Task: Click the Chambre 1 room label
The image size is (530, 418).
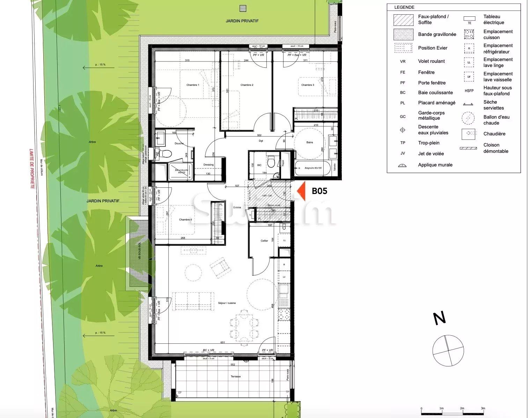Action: (192, 85)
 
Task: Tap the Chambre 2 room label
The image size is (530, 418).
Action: (246, 85)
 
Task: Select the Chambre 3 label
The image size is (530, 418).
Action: (307, 85)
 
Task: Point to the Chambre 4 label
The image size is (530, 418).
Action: (185, 219)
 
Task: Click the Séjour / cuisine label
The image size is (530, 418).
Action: (227, 303)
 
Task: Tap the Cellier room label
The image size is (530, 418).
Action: (264, 241)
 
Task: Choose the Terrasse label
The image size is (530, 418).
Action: (236, 376)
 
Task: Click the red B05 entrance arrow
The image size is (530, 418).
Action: (302, 191)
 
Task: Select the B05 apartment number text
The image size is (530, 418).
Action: (319, 191)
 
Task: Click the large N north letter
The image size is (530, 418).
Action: (440, 318)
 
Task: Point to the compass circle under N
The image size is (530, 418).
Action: (448, 350)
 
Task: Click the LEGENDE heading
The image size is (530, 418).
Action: (404, 7)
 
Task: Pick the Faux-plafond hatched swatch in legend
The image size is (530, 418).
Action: (403, 20)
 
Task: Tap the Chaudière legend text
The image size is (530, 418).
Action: (494, 134)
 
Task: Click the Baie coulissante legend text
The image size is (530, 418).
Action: (435, 92)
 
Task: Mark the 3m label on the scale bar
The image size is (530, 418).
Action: (483, 408)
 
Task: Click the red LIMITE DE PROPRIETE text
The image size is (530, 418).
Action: (32, 169)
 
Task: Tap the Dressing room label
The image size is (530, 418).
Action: (208, 165)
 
